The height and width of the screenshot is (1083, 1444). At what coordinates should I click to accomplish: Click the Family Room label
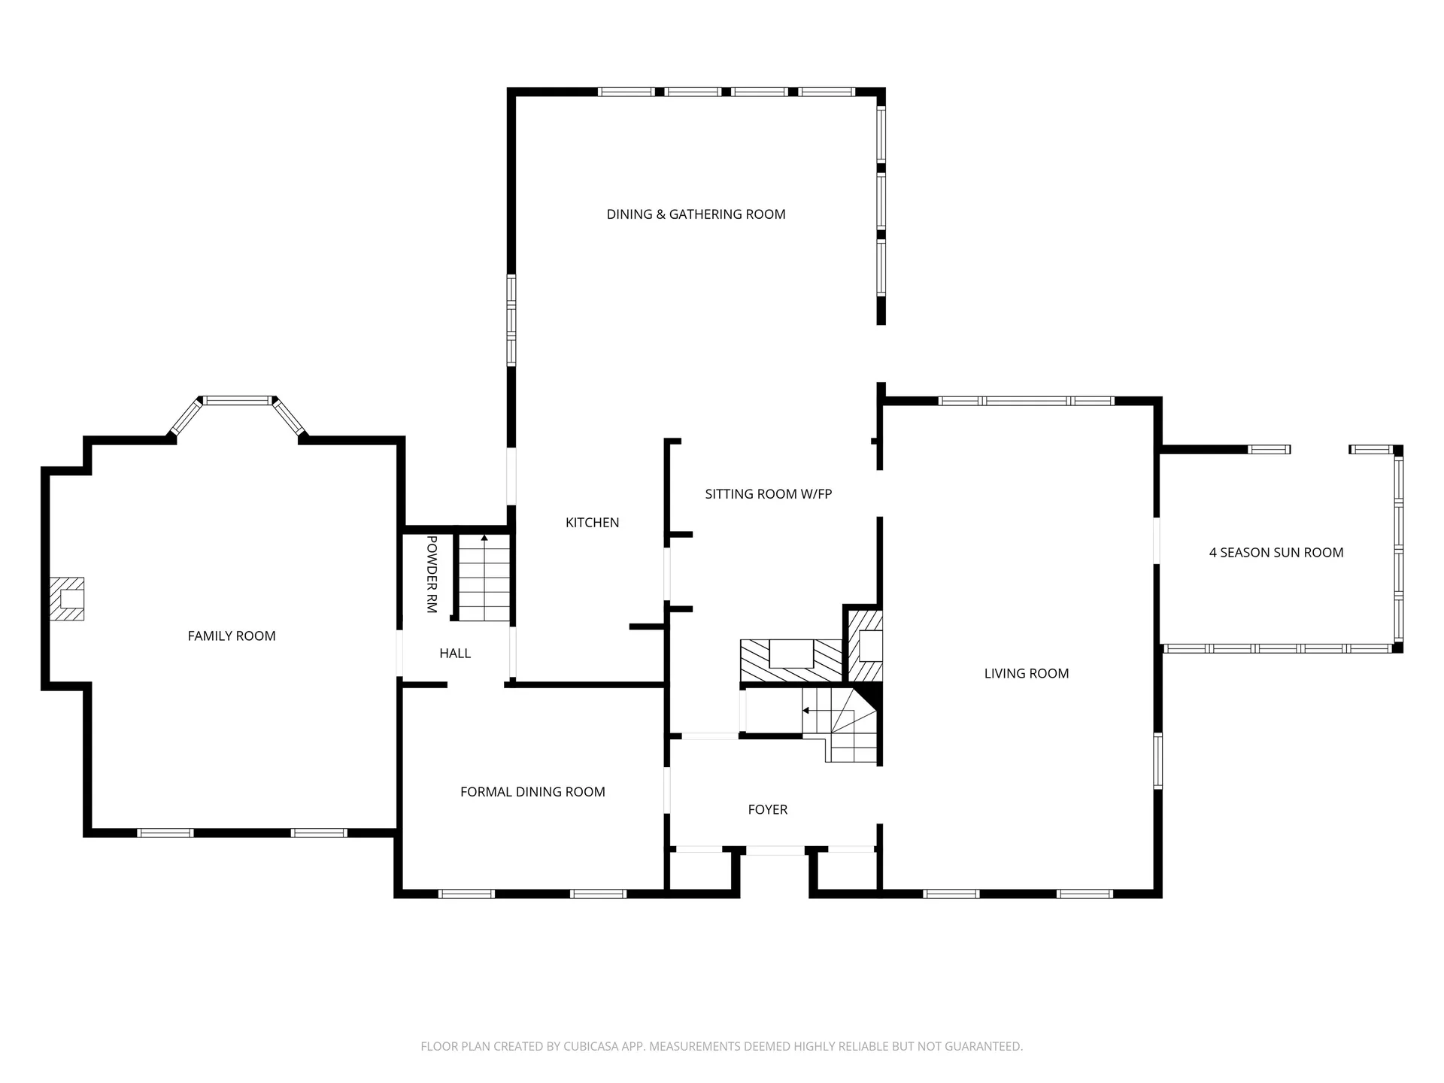pos(232,636)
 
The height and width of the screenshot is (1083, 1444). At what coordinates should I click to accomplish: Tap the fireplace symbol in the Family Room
pos(68,599)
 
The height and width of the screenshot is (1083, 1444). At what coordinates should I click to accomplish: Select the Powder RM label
pos(432,574)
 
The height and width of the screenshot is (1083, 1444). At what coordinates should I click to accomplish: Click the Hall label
pos(455,654)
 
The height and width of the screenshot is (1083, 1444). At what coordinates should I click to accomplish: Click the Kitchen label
pos(592,523)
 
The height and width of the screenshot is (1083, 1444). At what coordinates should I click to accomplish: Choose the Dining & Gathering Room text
pos(696,214)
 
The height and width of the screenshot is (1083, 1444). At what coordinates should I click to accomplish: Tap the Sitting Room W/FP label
pos(768,494)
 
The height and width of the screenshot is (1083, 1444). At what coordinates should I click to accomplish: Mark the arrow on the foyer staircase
pos(806,710)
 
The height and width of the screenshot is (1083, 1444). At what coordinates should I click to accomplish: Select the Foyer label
pos(767,810)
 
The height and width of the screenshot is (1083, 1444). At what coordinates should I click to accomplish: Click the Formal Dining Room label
pos(532,792)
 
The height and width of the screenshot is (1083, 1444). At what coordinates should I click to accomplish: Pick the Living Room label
pos(1026,674)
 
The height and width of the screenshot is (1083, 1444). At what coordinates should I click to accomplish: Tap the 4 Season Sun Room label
pos(1276,553)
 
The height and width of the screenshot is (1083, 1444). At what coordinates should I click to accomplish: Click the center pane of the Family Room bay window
pos(238,401)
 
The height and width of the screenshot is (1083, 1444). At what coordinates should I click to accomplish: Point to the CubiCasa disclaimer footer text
pos(721,1046)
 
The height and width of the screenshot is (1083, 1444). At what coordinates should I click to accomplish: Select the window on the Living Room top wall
pos(1026,401)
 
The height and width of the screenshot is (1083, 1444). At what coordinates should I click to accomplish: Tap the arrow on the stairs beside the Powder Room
pos(484,538)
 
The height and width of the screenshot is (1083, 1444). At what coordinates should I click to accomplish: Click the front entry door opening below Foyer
pos(775,851)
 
